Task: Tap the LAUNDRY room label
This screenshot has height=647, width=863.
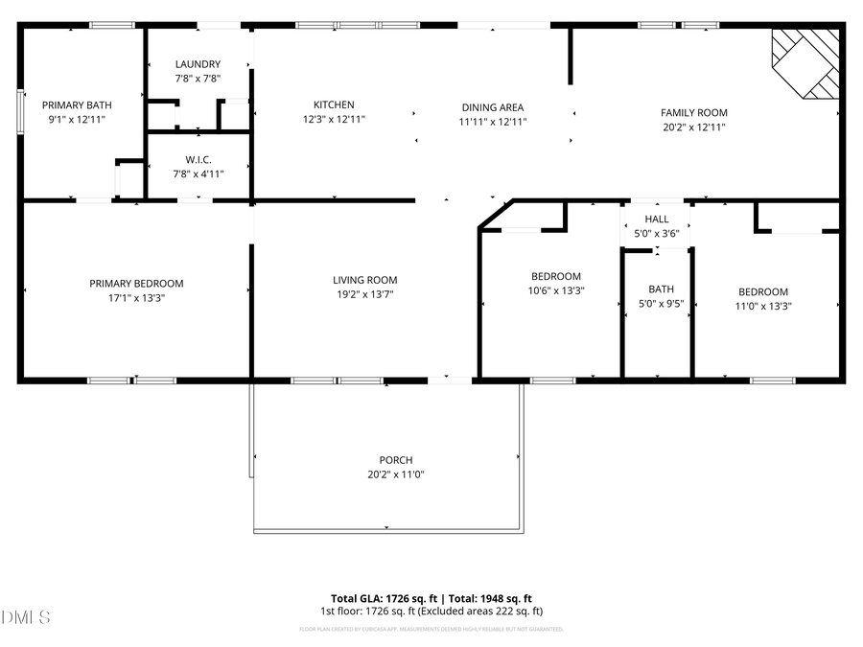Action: (x=198, y=64)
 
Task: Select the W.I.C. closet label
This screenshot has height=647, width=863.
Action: (x=198, y=159)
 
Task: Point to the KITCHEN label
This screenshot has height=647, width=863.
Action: (x=334, y=105)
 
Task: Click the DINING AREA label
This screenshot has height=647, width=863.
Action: (x=492, y=107)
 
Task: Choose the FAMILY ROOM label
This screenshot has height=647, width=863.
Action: (x=693, y=112)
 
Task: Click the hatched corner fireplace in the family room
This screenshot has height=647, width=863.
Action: (x=805, y=60)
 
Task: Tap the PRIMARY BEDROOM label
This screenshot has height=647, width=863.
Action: (x=136, y=284)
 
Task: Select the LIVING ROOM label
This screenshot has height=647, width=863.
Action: (x=364, y=280)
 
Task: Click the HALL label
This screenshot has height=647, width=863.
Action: (x=657, y=220)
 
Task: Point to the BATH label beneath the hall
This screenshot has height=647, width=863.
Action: (x=661, y=289)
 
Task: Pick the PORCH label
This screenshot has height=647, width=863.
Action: (x=395, y=460)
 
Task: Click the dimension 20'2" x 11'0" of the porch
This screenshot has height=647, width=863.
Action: (x=395, y=474)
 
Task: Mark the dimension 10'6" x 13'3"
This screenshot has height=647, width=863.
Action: (x=555, y=290)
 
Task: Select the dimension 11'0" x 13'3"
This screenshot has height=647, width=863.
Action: (x=763, y=307)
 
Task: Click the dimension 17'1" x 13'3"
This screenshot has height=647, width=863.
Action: (x=136, y=298)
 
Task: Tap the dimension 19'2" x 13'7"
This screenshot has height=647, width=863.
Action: (x=364, y=294)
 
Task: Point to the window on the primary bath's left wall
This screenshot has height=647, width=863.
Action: (x=20, y=108)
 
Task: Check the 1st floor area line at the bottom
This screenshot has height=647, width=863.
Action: (x=431, y=611)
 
